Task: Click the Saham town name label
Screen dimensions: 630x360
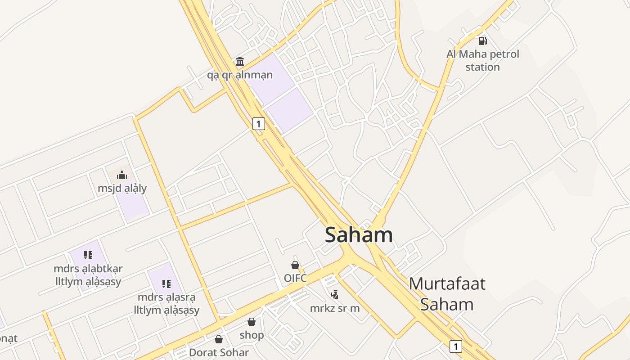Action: click(359, 235)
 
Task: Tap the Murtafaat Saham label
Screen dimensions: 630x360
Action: click(447, 294)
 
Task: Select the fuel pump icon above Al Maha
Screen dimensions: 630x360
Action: click(483, 41)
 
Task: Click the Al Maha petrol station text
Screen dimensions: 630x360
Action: click(483, 60)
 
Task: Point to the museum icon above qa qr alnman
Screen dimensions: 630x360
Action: click(240, 61)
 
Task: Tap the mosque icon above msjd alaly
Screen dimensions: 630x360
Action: click(122, 175)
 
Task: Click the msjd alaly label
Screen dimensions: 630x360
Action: click(122, 188)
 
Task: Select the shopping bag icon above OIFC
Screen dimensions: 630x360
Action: click(295, 265)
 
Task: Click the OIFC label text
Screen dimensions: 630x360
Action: click(295, 278)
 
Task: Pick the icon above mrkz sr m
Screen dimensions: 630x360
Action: click(334, 295)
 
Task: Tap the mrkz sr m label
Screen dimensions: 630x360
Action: click(335, 308)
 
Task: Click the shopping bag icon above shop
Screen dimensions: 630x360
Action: click(252, 322)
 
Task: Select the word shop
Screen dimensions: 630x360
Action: click(252, 335)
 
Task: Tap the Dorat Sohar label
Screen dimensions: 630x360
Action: click(219, 352)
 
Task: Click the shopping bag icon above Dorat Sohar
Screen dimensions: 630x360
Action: click(219, 339)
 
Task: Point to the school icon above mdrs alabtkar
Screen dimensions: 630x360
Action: click(88, 256)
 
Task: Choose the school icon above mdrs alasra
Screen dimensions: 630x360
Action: click(166, 284)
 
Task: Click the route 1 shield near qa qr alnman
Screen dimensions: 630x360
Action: click(258, 123)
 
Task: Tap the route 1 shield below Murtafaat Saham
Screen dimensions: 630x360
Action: click(456, 346)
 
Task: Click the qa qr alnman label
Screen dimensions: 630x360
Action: click(240, 75)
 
